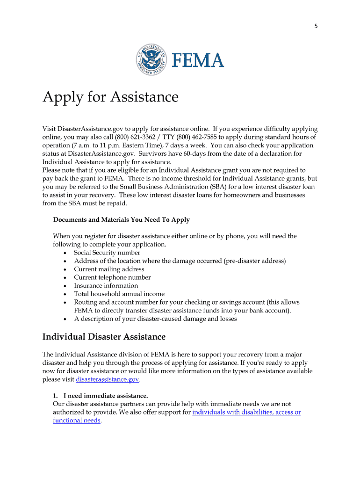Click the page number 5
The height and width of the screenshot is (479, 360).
pos(316,26)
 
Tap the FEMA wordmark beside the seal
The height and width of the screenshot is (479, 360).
pos(198,60)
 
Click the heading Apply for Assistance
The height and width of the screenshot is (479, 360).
pos(110,97)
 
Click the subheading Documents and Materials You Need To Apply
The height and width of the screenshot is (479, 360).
pos(121,219)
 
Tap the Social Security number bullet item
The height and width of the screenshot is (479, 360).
pos(107,253)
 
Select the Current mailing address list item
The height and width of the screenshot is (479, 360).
pos(109,269)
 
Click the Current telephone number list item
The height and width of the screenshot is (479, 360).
pos(112,277)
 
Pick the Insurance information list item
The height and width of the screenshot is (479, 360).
pos(106,285)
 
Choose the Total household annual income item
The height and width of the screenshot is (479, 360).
pos(119,294)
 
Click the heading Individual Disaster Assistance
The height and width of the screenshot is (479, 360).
pos(104,337)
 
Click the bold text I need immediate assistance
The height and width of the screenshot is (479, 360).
pos(106,395)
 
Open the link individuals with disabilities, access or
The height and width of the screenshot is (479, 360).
pos(246,412)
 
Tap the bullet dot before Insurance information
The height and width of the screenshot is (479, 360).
pos(65,286)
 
